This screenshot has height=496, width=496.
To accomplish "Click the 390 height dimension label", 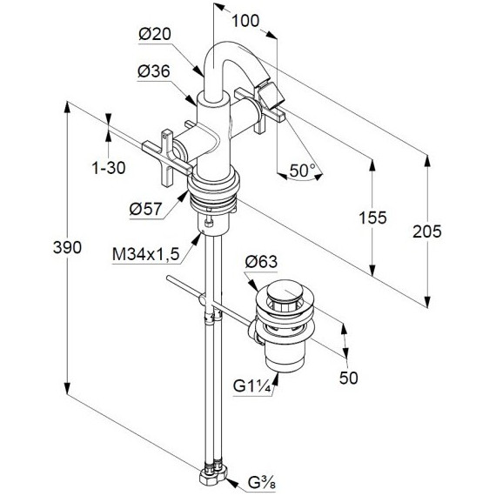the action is coord(67,247).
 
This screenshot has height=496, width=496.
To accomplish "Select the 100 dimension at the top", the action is coord(245,21).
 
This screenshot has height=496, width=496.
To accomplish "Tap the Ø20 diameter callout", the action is coord(155,34).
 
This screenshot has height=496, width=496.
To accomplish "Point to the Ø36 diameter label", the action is coord(154,71).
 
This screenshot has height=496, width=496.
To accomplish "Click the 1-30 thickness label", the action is coord(109,168).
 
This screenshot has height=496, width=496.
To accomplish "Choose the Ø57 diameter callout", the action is coord(146,209).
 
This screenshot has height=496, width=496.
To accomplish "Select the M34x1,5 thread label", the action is coord(146,254).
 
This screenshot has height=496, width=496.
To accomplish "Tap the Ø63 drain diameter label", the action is coord(261,262).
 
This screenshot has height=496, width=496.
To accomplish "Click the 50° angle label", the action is coord(303,171).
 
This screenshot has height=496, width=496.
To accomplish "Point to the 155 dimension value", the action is coord(372,218).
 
